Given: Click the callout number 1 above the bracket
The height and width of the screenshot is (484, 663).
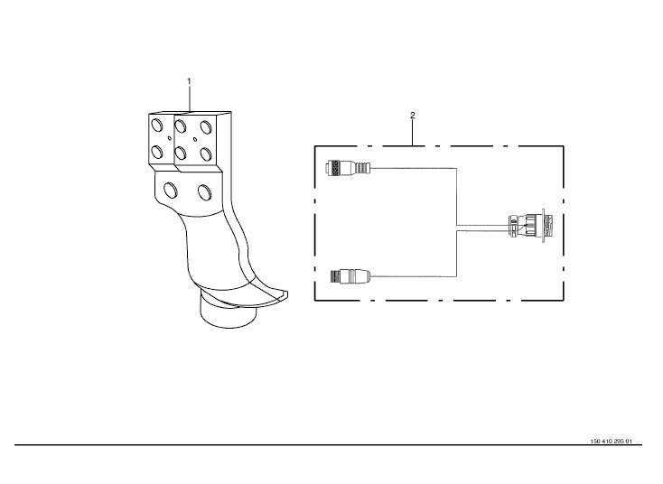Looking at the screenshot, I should click(190, 81).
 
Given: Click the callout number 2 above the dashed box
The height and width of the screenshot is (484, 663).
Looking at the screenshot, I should click(413, 116).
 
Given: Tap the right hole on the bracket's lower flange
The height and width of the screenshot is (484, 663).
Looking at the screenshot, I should click(204, 191).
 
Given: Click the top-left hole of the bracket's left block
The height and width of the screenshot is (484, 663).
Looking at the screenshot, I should click(157, 125).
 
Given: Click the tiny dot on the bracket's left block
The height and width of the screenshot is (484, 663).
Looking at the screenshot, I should click(167, 138).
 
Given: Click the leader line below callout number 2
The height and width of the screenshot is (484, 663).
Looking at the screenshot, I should click(413, 133).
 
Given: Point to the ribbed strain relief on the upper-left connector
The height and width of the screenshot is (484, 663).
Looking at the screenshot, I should click(363, 168).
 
